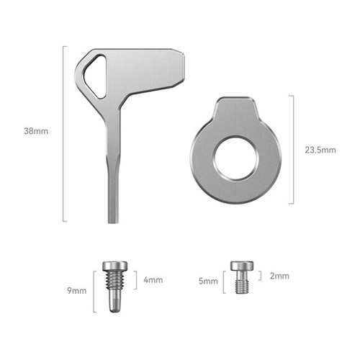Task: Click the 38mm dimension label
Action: tap(36, 131)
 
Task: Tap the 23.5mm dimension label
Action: tap(320, 150)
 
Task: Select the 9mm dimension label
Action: tap(76, 291)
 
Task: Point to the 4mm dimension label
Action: tap(153, 280)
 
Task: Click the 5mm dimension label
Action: tap(208, 281)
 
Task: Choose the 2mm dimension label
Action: tap(279, 276)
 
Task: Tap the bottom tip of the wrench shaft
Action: tap(113, 222)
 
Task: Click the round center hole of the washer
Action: tap(235, 158)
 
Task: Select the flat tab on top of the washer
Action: tap(235, 107)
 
